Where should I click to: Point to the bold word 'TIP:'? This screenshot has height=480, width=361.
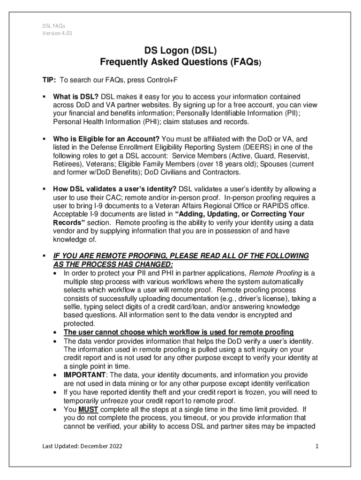coord(47,80)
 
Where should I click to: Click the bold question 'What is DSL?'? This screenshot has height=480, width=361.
coord(75,96)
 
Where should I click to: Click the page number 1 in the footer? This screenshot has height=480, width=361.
coord(317,446)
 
